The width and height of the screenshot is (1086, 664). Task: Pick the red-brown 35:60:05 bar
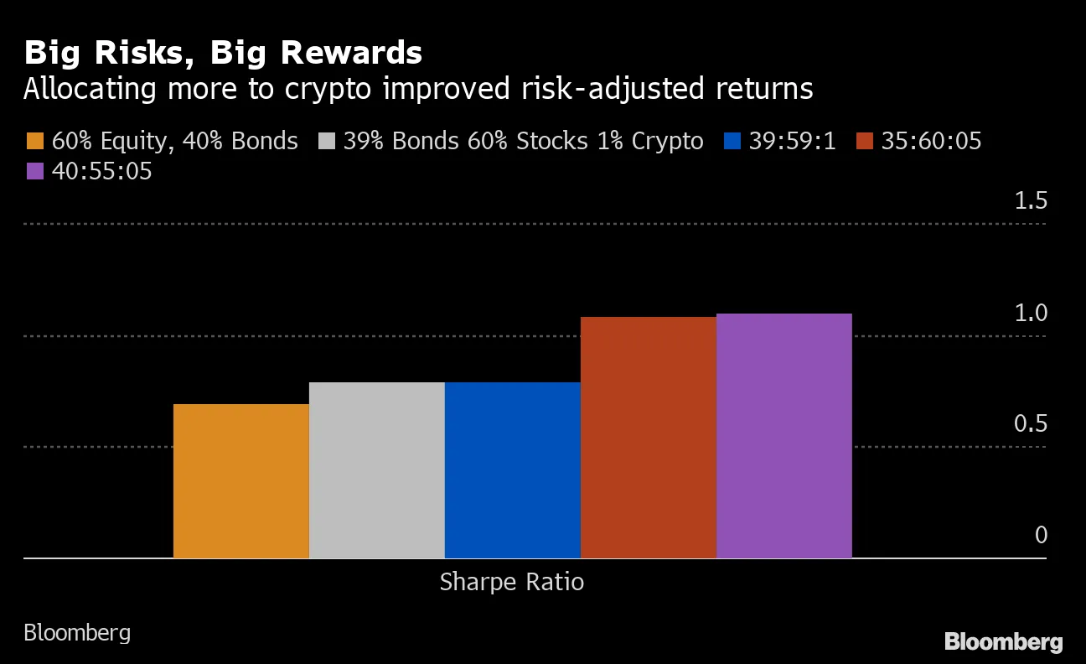tap(649, 437)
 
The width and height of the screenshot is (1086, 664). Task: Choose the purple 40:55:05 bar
tap(784, 435)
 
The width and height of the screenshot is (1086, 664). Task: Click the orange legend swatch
tap(34, 141)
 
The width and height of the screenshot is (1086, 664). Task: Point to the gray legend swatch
tap(327, 141)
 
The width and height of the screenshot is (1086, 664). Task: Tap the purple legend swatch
tap(34, 171)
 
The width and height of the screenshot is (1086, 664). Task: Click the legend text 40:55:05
tap(101, 171)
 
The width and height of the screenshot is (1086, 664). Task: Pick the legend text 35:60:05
tap(931, 141)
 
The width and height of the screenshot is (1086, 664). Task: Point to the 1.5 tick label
tap(1031, 201)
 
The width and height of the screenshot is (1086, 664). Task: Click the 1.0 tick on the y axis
tap(1031, 313)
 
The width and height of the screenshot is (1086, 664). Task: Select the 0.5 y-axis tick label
tap(1031, 424)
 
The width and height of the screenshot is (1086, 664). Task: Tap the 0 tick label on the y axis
tap(1041, 535)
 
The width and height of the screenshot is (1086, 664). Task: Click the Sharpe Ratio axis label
tap(511, 582)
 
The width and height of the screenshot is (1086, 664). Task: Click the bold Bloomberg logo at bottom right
tap(1004, 642)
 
